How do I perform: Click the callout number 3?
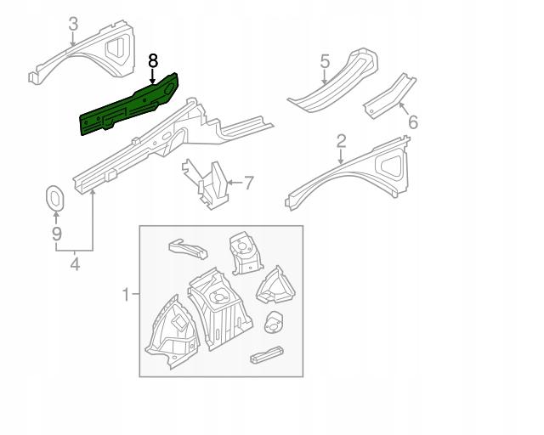click(73, 23)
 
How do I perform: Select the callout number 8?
click(153, 60)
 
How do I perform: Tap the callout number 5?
click(325, 60)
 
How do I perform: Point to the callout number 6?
click(413, 122)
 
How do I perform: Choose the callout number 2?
click(342, 140)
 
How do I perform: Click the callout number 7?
click(248, 181)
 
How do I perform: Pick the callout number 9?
click(56, 233)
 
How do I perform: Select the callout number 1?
click(126, 295)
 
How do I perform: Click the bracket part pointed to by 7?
click(211, 183)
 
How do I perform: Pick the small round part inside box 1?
click(275, 324)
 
